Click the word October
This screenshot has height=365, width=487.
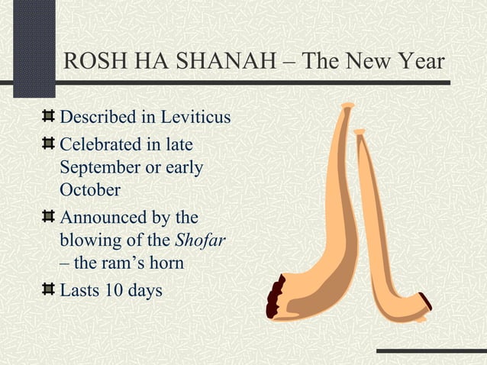(x=89, y=189)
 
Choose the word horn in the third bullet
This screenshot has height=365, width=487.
(x=166, y=263)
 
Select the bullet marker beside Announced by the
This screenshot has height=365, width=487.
(x=49, y=217)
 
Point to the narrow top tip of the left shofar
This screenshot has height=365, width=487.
(x=347, y=106)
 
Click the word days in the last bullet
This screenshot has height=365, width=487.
(x=144, y=290)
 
